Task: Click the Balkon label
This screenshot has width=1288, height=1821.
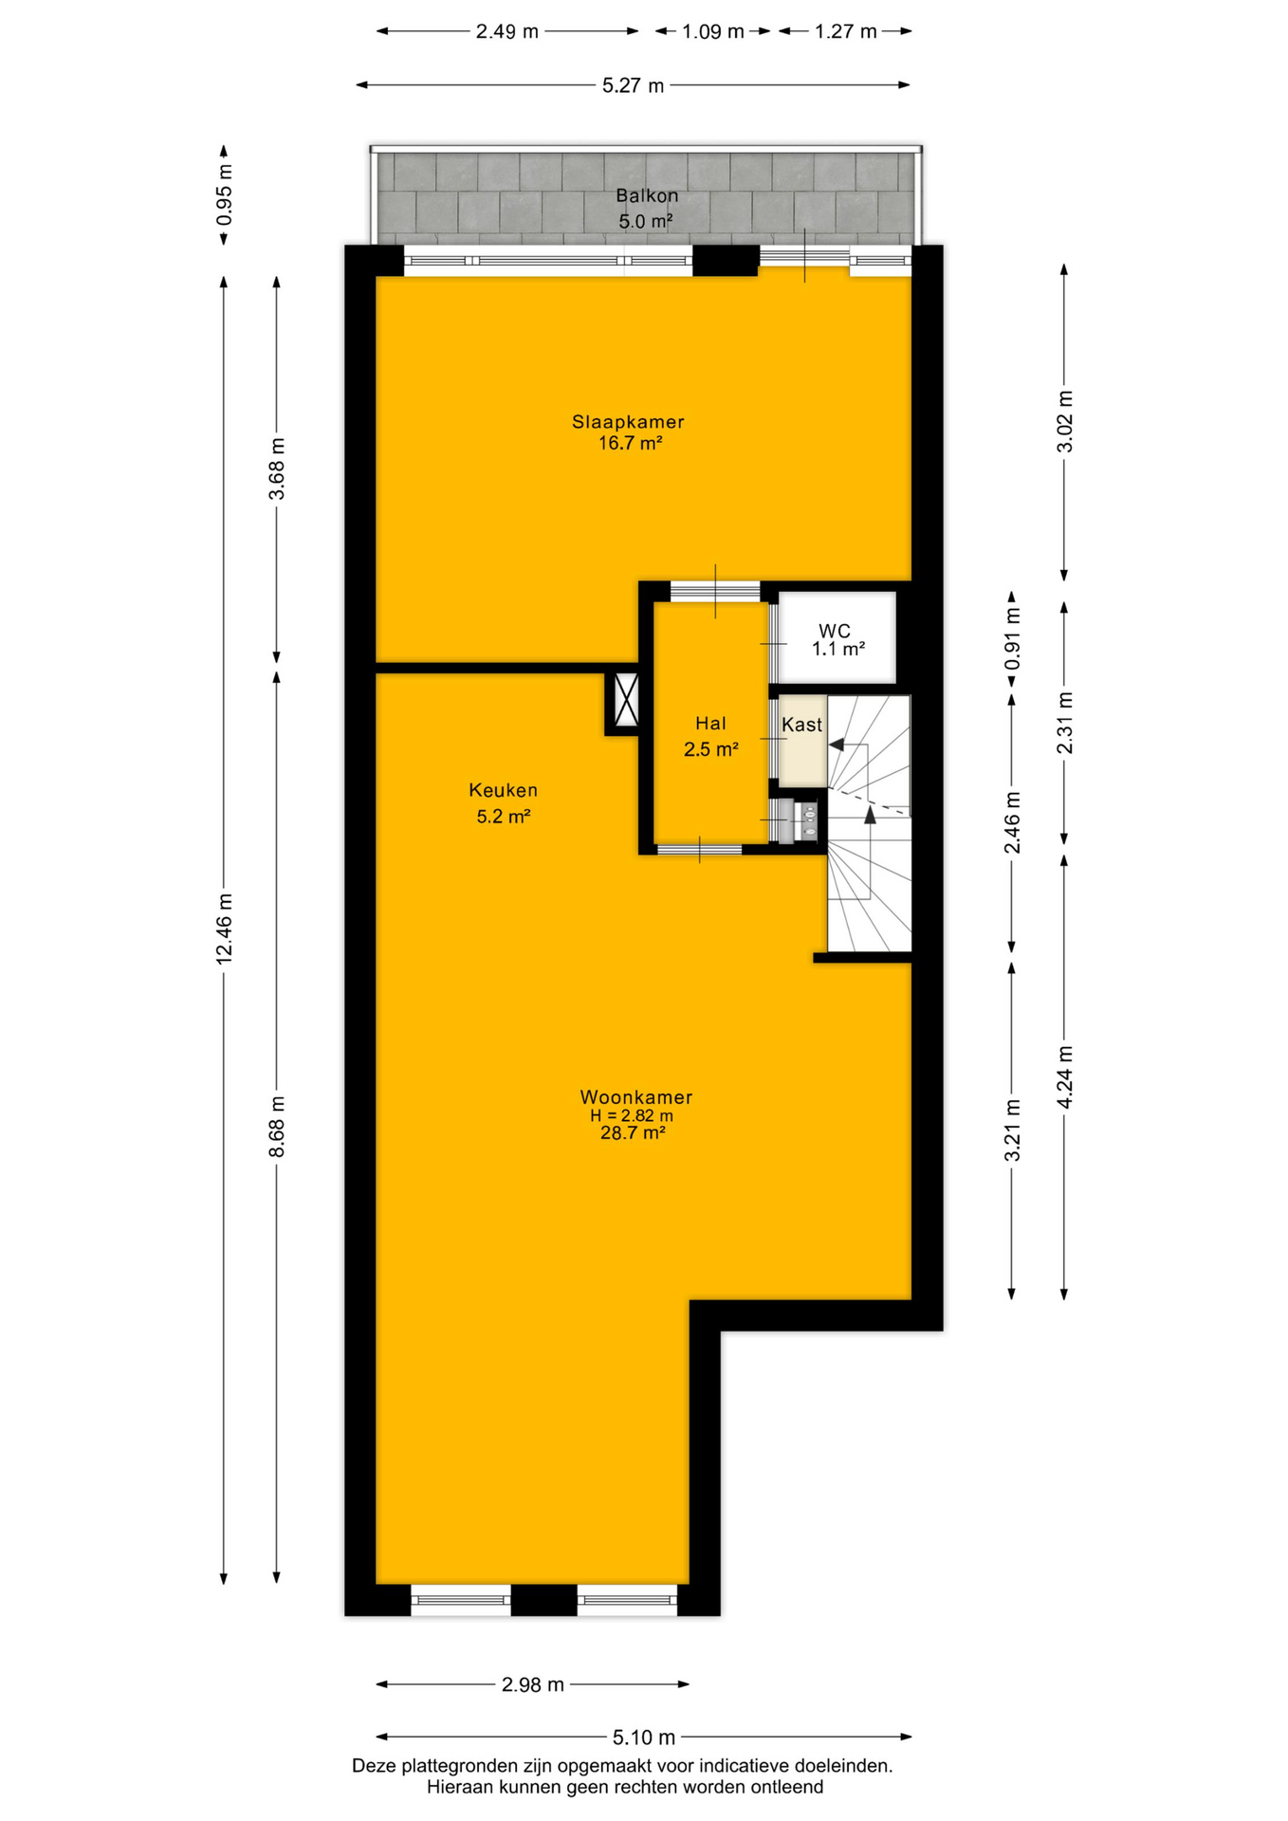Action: [647, 196]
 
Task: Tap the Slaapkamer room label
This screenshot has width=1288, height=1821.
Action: [628, 422]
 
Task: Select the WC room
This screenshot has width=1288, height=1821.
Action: [837, 637]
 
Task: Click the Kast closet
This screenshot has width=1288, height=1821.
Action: [802, 741]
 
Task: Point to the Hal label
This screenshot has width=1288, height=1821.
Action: [710, 724]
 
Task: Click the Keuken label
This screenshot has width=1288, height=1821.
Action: [503, 790]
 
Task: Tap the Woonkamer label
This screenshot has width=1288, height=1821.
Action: [636, 1096]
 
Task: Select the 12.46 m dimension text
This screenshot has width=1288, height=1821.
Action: [224, 929]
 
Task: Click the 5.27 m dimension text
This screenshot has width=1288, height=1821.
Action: [634, 85]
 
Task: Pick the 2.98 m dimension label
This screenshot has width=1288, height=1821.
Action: [533, 1684]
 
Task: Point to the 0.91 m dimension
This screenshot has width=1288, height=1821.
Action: [1012, 637]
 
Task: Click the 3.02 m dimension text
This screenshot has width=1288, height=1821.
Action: [1064, 421]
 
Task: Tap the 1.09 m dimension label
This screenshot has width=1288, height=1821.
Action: [713, 31]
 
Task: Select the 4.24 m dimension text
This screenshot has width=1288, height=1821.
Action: [1064, 1076]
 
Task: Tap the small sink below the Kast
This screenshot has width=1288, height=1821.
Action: [808, 819]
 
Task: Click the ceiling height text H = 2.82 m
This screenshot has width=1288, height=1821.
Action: [632, 1116]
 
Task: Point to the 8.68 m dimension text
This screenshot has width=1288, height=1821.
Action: [277, 1126]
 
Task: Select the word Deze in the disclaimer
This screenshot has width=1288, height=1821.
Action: [374, 1766]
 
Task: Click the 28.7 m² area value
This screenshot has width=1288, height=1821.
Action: [633, 1132]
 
